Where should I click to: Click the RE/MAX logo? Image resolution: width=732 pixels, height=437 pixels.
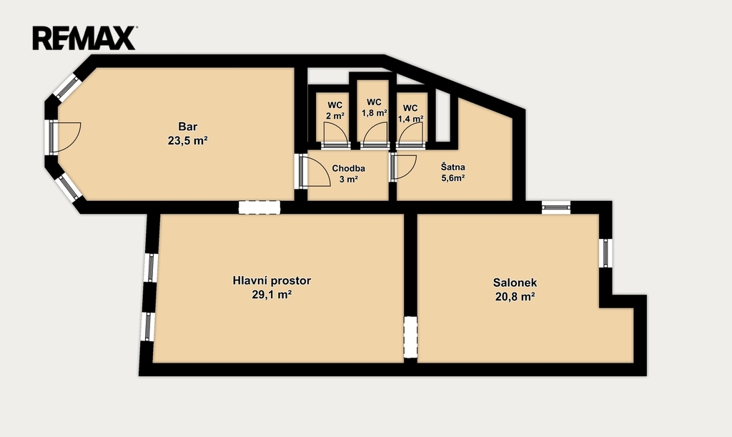[x=84, y=38]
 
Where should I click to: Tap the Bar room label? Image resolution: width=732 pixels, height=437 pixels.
[x=188, y=127]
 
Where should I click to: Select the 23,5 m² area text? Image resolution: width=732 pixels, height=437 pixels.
[x=188, y=140]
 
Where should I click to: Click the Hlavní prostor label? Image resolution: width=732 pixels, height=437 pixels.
[x=272, y=280]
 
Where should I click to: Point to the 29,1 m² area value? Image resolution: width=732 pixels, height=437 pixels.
[x=272, y=295]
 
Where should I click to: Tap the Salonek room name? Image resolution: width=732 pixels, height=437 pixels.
[x=515, y=283]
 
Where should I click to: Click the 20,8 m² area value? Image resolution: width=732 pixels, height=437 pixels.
[x=515, y=297]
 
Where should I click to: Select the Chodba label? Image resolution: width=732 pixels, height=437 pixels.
[x=348, y=169]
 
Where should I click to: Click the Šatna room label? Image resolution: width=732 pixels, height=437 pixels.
[x=452, y=167]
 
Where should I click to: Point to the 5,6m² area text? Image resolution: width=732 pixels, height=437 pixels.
[x=452, y=178]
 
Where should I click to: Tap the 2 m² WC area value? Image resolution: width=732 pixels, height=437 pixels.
[x=335, y=116]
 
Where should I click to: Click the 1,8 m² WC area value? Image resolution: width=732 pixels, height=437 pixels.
[x=375, y=112]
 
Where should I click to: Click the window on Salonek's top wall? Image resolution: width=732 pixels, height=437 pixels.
[x=556, y=207]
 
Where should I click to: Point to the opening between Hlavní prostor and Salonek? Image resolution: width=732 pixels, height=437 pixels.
[x=410, y=337]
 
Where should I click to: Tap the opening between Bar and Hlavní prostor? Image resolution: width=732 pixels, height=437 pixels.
[x=259, y=207]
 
